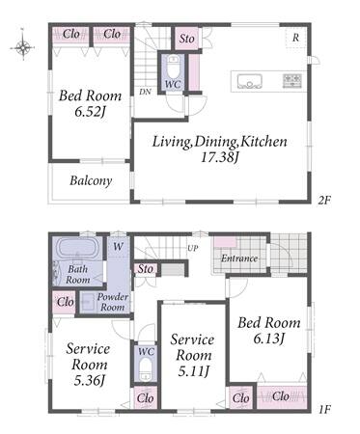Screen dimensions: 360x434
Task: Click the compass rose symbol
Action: [x=23, y=47]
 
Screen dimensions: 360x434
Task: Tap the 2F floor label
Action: [x=324, y=201]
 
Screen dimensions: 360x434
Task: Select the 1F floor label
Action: [x=325, y=409]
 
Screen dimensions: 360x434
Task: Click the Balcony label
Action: [x=91, y=180]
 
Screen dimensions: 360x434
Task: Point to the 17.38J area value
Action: [x=220, y=157]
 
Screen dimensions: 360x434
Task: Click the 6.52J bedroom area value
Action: [x=91, y=112]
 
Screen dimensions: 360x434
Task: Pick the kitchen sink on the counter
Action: [x=250, y=81]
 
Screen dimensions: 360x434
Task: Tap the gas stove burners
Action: [x=292, y=80]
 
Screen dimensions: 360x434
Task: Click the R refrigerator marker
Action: [x=295, y=38]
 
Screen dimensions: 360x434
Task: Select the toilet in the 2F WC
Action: [x=174, y=68]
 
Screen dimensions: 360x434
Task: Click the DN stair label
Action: [x=145, y=92]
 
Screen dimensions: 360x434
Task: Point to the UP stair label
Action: [x=193, y=248]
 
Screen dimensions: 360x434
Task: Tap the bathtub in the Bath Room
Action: [x=77, y=248]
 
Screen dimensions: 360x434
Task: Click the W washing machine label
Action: [x=118, y=247]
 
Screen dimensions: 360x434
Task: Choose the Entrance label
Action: [x=239, y=258]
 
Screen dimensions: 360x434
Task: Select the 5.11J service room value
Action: [x=194, y=371]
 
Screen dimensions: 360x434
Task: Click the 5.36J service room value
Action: [x=90, y=380]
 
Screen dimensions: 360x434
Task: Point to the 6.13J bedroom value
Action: [x=269, y=339]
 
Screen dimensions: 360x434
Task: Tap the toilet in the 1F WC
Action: [x=146, y=369]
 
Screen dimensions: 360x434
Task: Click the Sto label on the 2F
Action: [x=187, y=39]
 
